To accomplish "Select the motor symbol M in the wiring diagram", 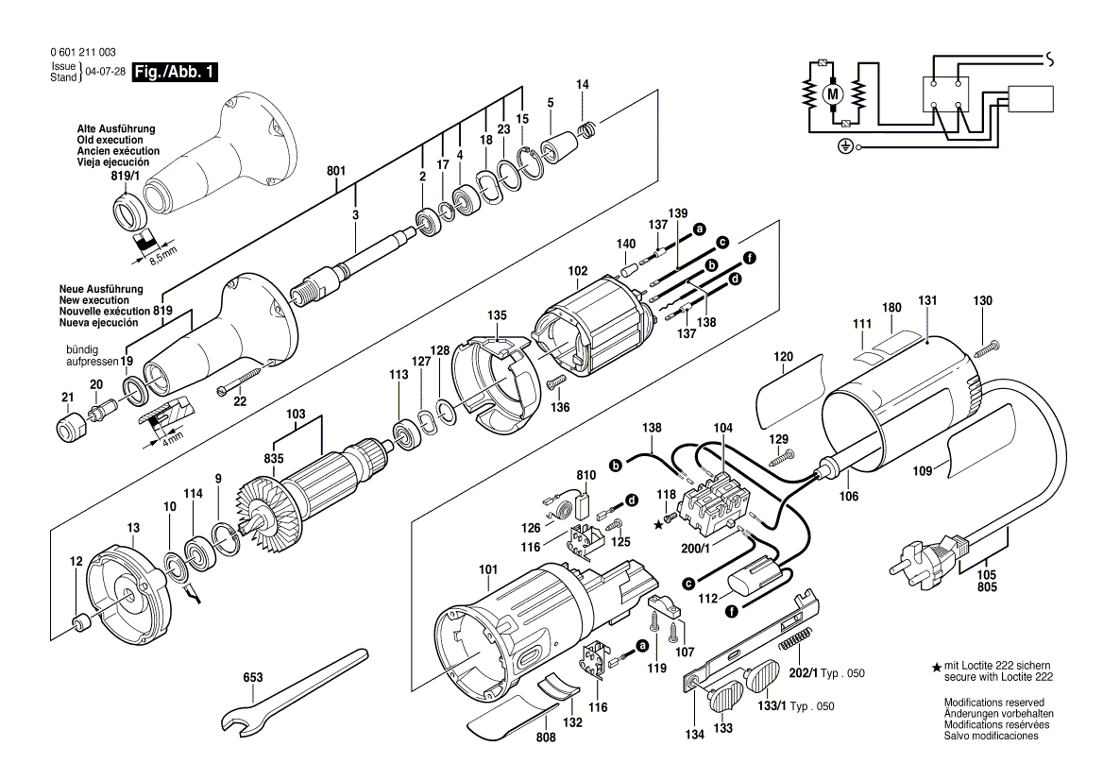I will pos(832,93).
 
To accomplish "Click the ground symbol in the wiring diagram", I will pos(846,146).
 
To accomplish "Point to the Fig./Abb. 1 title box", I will pos(174,73).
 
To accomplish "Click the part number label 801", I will pos(336,171).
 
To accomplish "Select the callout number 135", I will pos(497,314).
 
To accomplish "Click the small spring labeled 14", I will pos(587,128).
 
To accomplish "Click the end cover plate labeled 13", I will pos(123,589).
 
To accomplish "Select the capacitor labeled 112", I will pos(756,576).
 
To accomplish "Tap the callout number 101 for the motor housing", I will pos(487,569).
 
